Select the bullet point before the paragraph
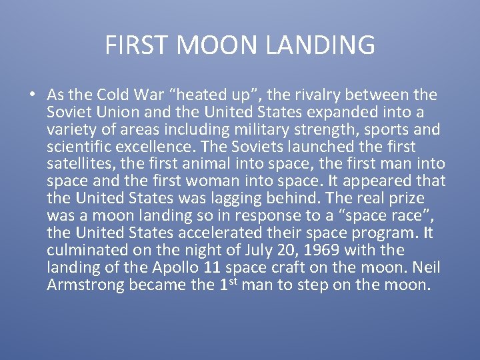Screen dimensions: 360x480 32,94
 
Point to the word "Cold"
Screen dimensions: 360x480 114,95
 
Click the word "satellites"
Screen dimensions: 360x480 79,164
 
